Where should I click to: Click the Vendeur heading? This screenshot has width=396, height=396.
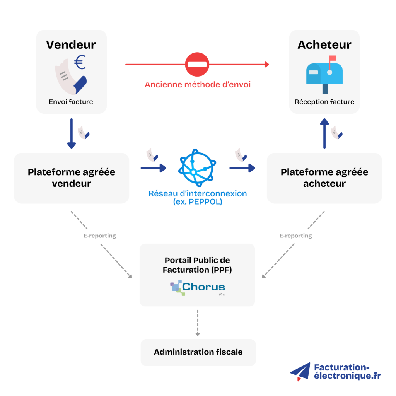coord(71,44)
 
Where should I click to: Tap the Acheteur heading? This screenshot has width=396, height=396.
coord(324,44)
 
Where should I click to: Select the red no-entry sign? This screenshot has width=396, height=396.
coord(197,64)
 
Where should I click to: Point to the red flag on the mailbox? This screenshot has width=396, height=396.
coord(332,59)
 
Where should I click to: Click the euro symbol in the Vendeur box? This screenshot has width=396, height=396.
coord(80,62)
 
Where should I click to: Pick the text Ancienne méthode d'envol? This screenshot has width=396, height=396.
coord(198,84)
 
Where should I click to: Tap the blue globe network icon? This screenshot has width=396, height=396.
coord(197,168)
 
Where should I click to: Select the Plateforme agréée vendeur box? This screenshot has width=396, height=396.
coord(72,178)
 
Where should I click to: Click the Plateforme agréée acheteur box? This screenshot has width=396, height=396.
coord(324,178)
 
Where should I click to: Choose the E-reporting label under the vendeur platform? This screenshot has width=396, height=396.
coord(99,236)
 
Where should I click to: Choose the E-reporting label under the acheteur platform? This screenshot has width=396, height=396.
coord(295,236)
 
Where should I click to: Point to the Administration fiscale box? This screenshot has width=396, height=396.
coord(198,352)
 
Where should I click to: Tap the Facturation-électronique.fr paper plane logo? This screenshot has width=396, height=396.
coord(301,372)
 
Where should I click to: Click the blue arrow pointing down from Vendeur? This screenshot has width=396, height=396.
coord(71,134)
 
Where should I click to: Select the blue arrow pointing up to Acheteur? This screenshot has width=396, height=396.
coord(324,133)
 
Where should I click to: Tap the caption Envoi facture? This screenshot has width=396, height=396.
coord(71,102)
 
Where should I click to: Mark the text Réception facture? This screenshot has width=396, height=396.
coord(324,102)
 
